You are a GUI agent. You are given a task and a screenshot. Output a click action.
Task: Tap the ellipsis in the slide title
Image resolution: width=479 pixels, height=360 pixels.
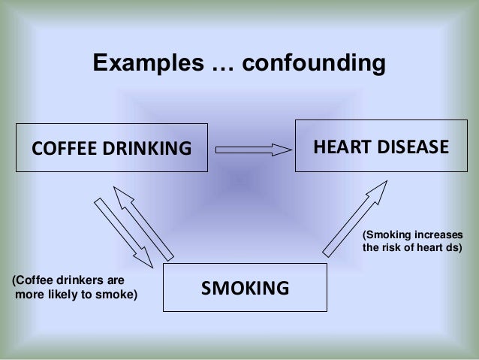[217, 68]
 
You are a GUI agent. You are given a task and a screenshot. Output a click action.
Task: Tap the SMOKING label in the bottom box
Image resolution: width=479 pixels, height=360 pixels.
[245, 288]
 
